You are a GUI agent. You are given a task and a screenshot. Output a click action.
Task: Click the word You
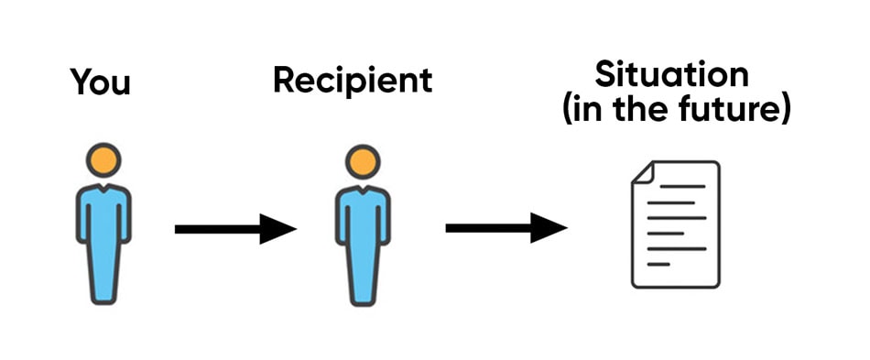point(101,83)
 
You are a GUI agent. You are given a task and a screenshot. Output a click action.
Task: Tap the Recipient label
point(353,81)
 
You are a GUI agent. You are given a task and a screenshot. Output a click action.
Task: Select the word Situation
point(671,73)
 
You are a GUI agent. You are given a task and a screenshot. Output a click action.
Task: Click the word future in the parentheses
point(738,111)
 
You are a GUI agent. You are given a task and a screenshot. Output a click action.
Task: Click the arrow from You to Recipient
point(234,228)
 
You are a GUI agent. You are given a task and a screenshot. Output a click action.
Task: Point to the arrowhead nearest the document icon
point(549,227)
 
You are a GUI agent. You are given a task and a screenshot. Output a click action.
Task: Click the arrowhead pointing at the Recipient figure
point(278,228)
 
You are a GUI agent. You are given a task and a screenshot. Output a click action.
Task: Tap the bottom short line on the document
point(658,265)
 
